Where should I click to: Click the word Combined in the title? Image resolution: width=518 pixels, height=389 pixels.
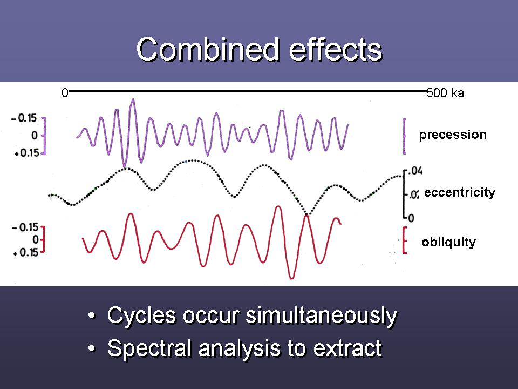(x=207, y=50)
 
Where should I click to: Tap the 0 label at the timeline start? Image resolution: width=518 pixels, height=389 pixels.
(x=65, y=93)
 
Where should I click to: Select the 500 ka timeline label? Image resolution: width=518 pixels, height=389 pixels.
(x=445, y=93)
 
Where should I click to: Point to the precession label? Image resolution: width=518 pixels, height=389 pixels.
(x=453, y=135)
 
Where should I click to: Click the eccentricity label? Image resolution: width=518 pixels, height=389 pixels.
(x=459, y=193)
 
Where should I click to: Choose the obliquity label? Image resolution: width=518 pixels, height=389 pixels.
(x=448, y=242)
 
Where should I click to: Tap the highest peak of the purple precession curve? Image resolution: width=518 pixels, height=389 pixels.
(x=133, y=100)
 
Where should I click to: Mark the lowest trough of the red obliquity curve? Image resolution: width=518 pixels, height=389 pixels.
(x=291, y=278)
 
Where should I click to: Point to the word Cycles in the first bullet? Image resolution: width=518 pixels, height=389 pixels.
(x=138, y=316)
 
